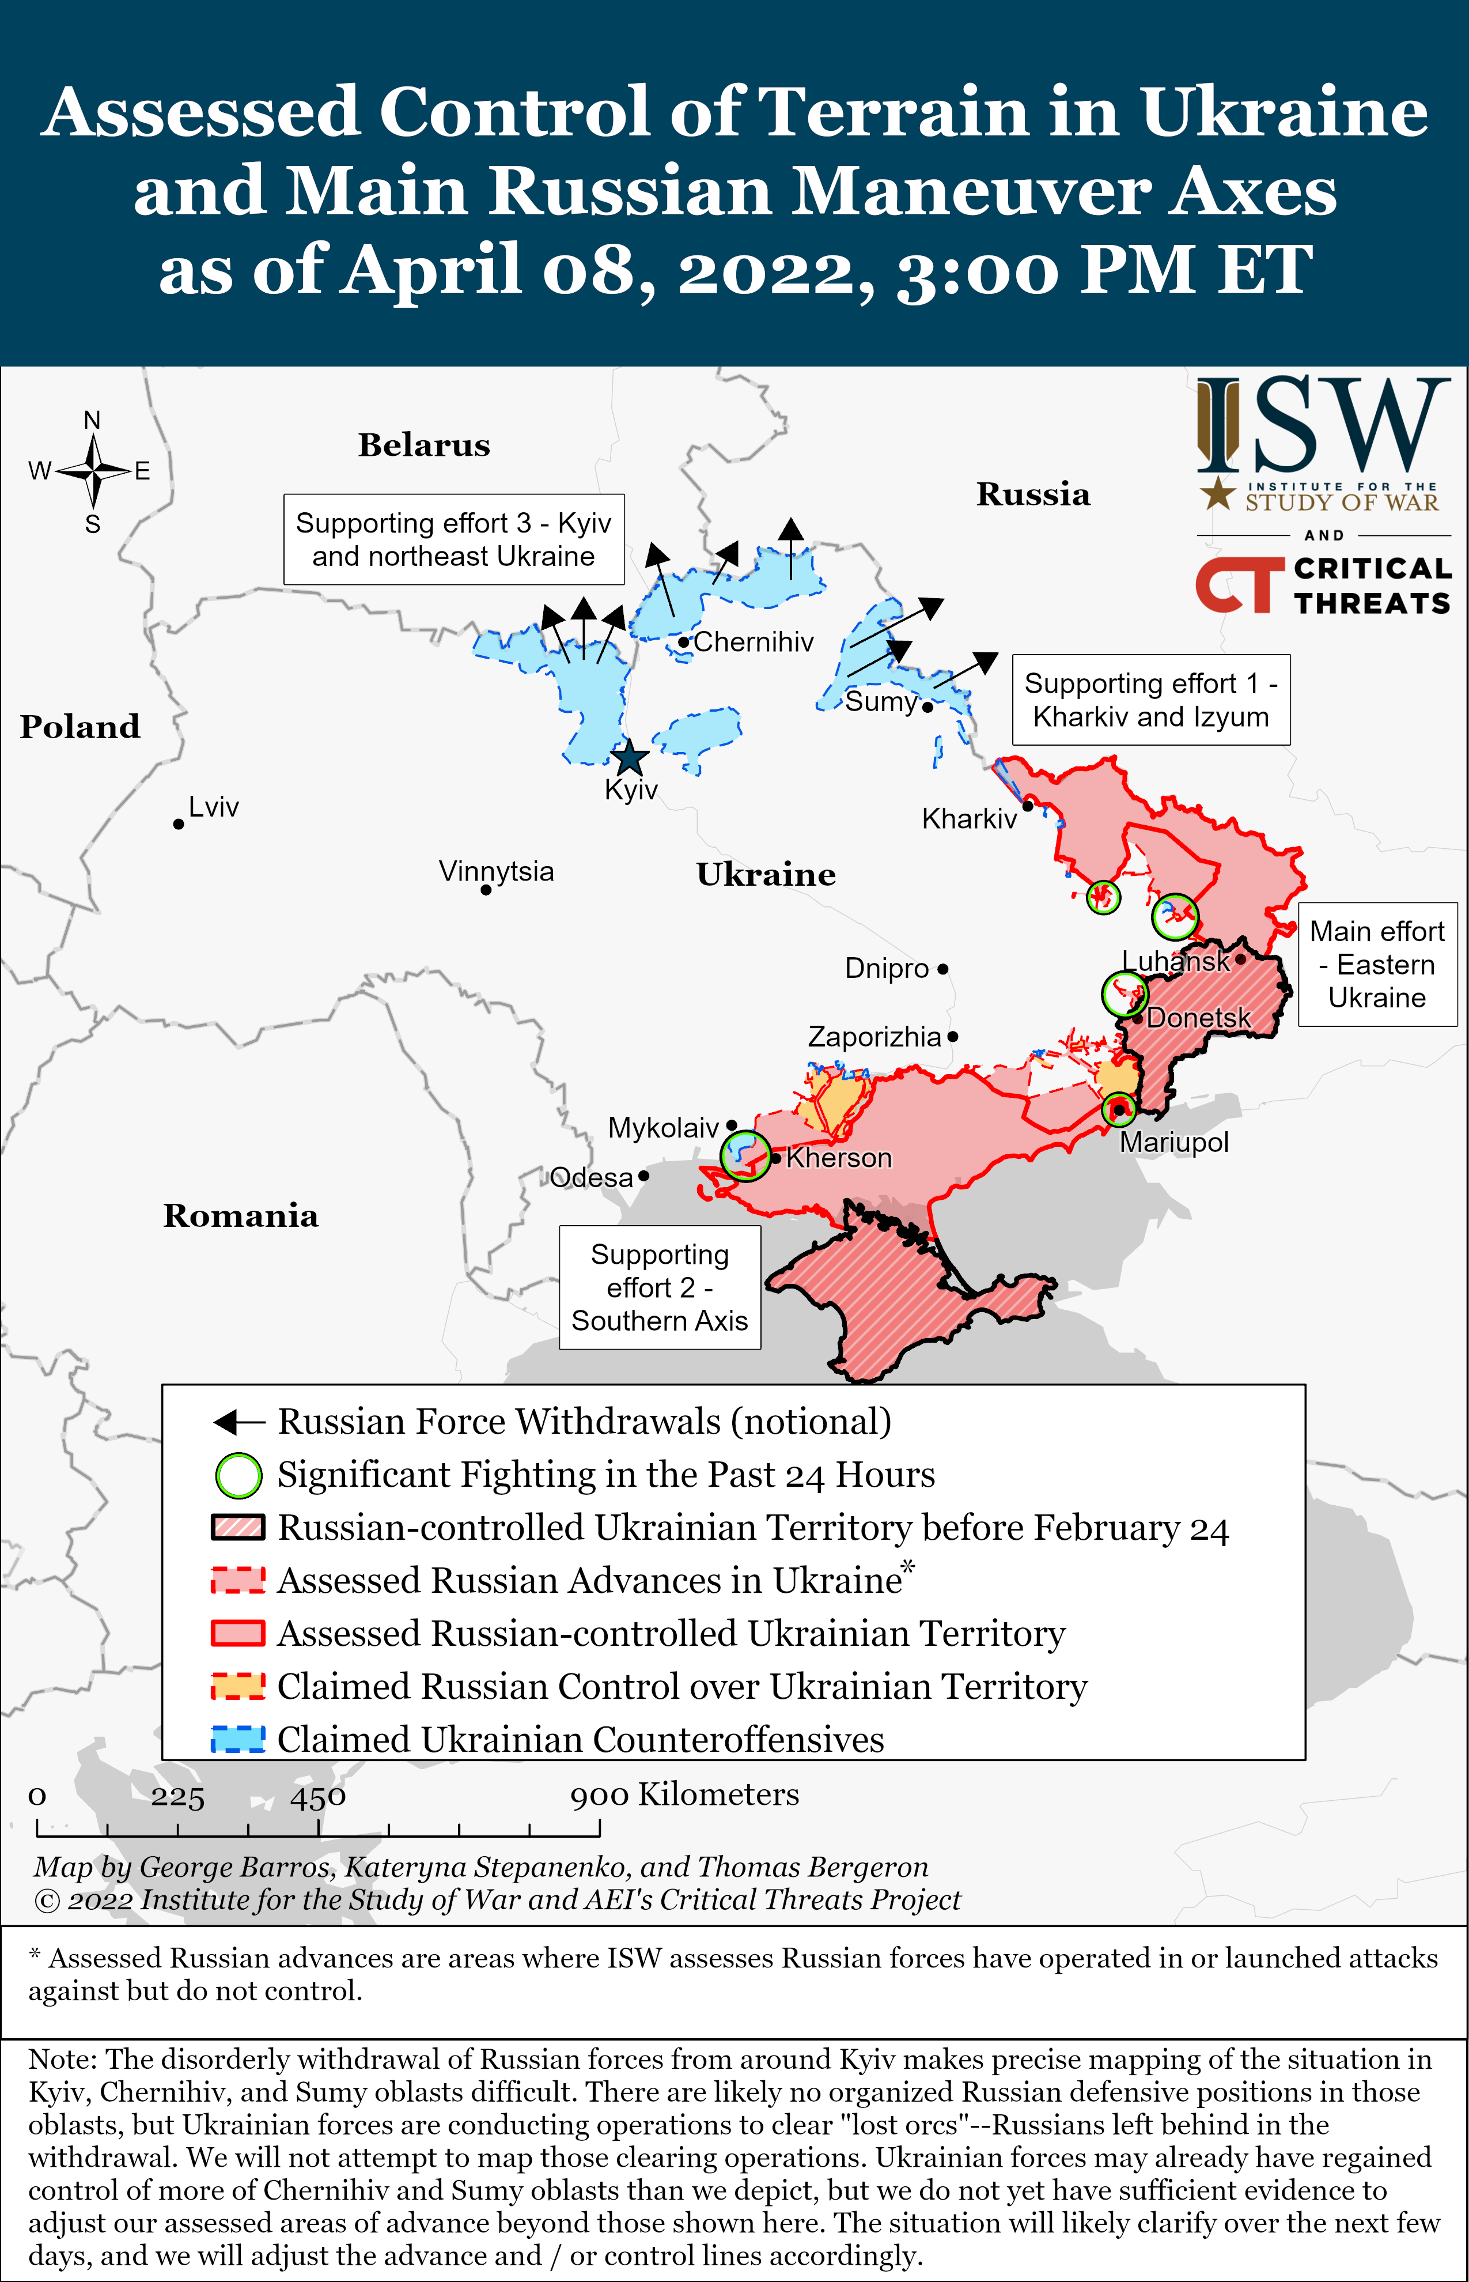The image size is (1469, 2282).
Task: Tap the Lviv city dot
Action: click(x=179, y=823)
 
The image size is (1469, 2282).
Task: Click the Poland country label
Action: click(x=80, y=727)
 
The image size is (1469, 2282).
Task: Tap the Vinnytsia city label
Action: click(x=496, y=871)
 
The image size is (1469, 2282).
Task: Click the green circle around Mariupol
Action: click(x=1119, y=1109)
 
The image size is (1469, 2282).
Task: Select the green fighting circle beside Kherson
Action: click(x=745, y=1155)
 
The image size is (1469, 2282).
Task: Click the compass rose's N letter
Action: click(x=93, y=421)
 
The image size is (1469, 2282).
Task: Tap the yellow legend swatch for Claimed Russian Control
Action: click(x=237, y=1687)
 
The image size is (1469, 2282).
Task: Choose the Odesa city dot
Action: click(x=644, y=1176)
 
